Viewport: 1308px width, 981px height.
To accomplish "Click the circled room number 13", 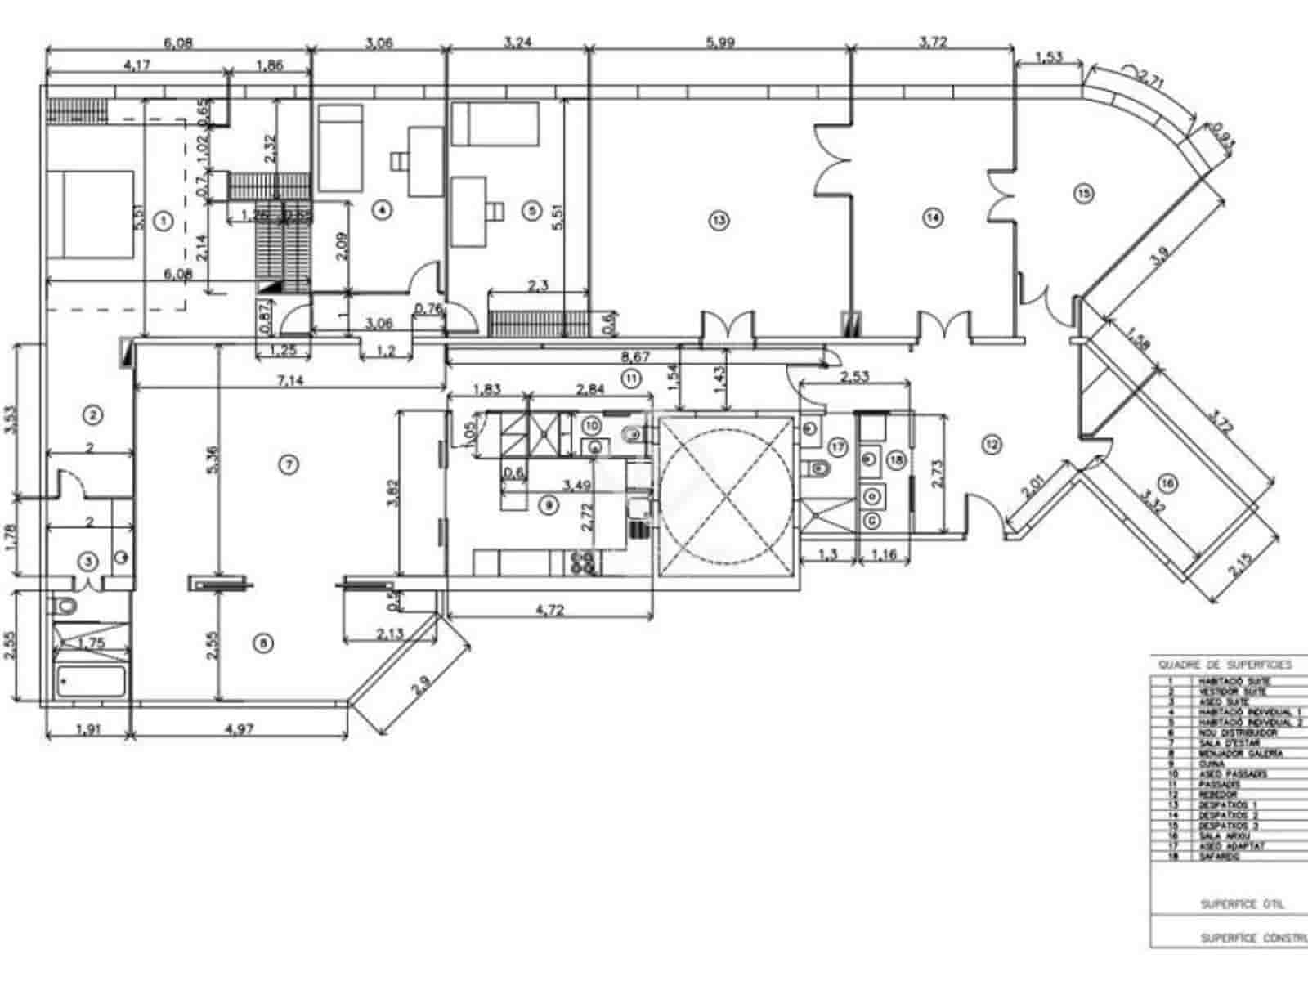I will point(719,219).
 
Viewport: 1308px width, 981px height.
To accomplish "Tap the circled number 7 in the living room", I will point(288,464).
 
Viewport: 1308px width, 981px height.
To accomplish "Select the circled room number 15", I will point(1083,194).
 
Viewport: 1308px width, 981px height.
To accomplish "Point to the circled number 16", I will point(1167,484).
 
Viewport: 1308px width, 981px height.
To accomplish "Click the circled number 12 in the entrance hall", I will point(992,445).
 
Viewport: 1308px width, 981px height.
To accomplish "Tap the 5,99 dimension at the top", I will point(719,43).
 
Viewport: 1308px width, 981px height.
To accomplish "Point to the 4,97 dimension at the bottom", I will point(239,729).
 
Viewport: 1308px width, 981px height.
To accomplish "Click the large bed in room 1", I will point(90,214).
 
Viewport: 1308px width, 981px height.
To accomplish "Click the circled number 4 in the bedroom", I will point(381,210).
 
